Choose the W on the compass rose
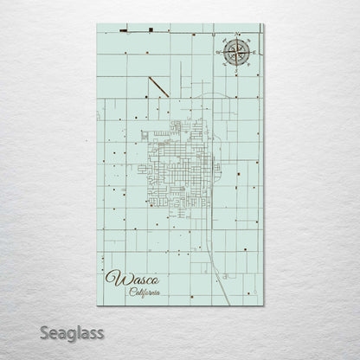[x=219, y=53]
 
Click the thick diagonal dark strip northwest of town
[x=157, y=87]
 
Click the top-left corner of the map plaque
[x=99, y=24]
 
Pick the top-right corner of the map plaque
[x=264, y=24]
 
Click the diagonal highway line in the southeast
[x=222, y=281]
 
